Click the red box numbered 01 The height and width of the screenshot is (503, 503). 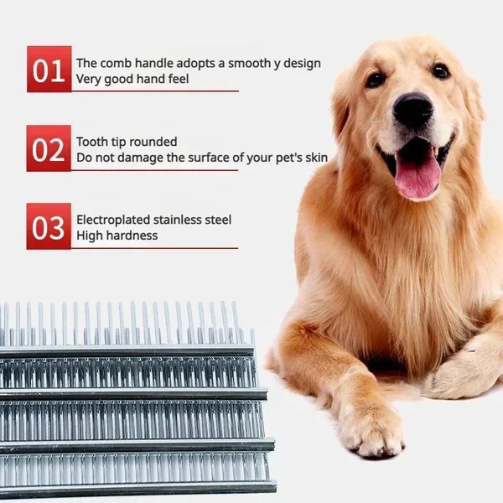[49, 69]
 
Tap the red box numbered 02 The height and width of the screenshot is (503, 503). [49, 148]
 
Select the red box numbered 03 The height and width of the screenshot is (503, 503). [49, 226]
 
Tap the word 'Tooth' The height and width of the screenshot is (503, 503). [92, 142]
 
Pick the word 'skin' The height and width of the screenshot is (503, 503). [316, 158]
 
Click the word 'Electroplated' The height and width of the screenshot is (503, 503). [113, 220]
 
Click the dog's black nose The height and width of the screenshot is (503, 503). [412, 108]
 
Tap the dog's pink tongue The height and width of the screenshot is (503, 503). [417, 176]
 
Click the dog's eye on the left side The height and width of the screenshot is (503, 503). [376, 80]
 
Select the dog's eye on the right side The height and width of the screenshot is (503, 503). [441, 71]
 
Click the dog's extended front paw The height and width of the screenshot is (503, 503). [371, 430]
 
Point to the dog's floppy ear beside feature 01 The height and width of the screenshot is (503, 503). [340, 106]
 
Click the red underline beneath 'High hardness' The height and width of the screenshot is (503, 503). [154, 248]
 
